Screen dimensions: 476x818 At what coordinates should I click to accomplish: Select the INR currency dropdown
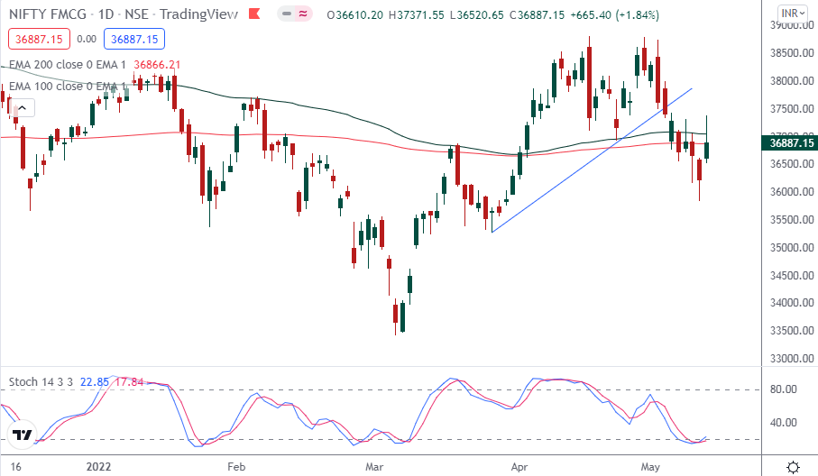(793, 14)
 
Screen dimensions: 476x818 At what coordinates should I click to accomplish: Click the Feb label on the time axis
(236, 467)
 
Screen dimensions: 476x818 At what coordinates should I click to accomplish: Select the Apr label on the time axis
(519, 467)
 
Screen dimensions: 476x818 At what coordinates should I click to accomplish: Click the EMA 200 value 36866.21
(157, 65)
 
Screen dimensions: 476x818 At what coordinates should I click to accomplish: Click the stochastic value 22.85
(93, 382)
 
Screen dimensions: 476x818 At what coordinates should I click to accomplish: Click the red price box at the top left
(36, 39)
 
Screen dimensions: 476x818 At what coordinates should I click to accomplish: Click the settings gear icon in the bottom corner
(793, 466)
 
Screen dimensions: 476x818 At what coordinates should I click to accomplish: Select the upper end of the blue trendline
(692, 88)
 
